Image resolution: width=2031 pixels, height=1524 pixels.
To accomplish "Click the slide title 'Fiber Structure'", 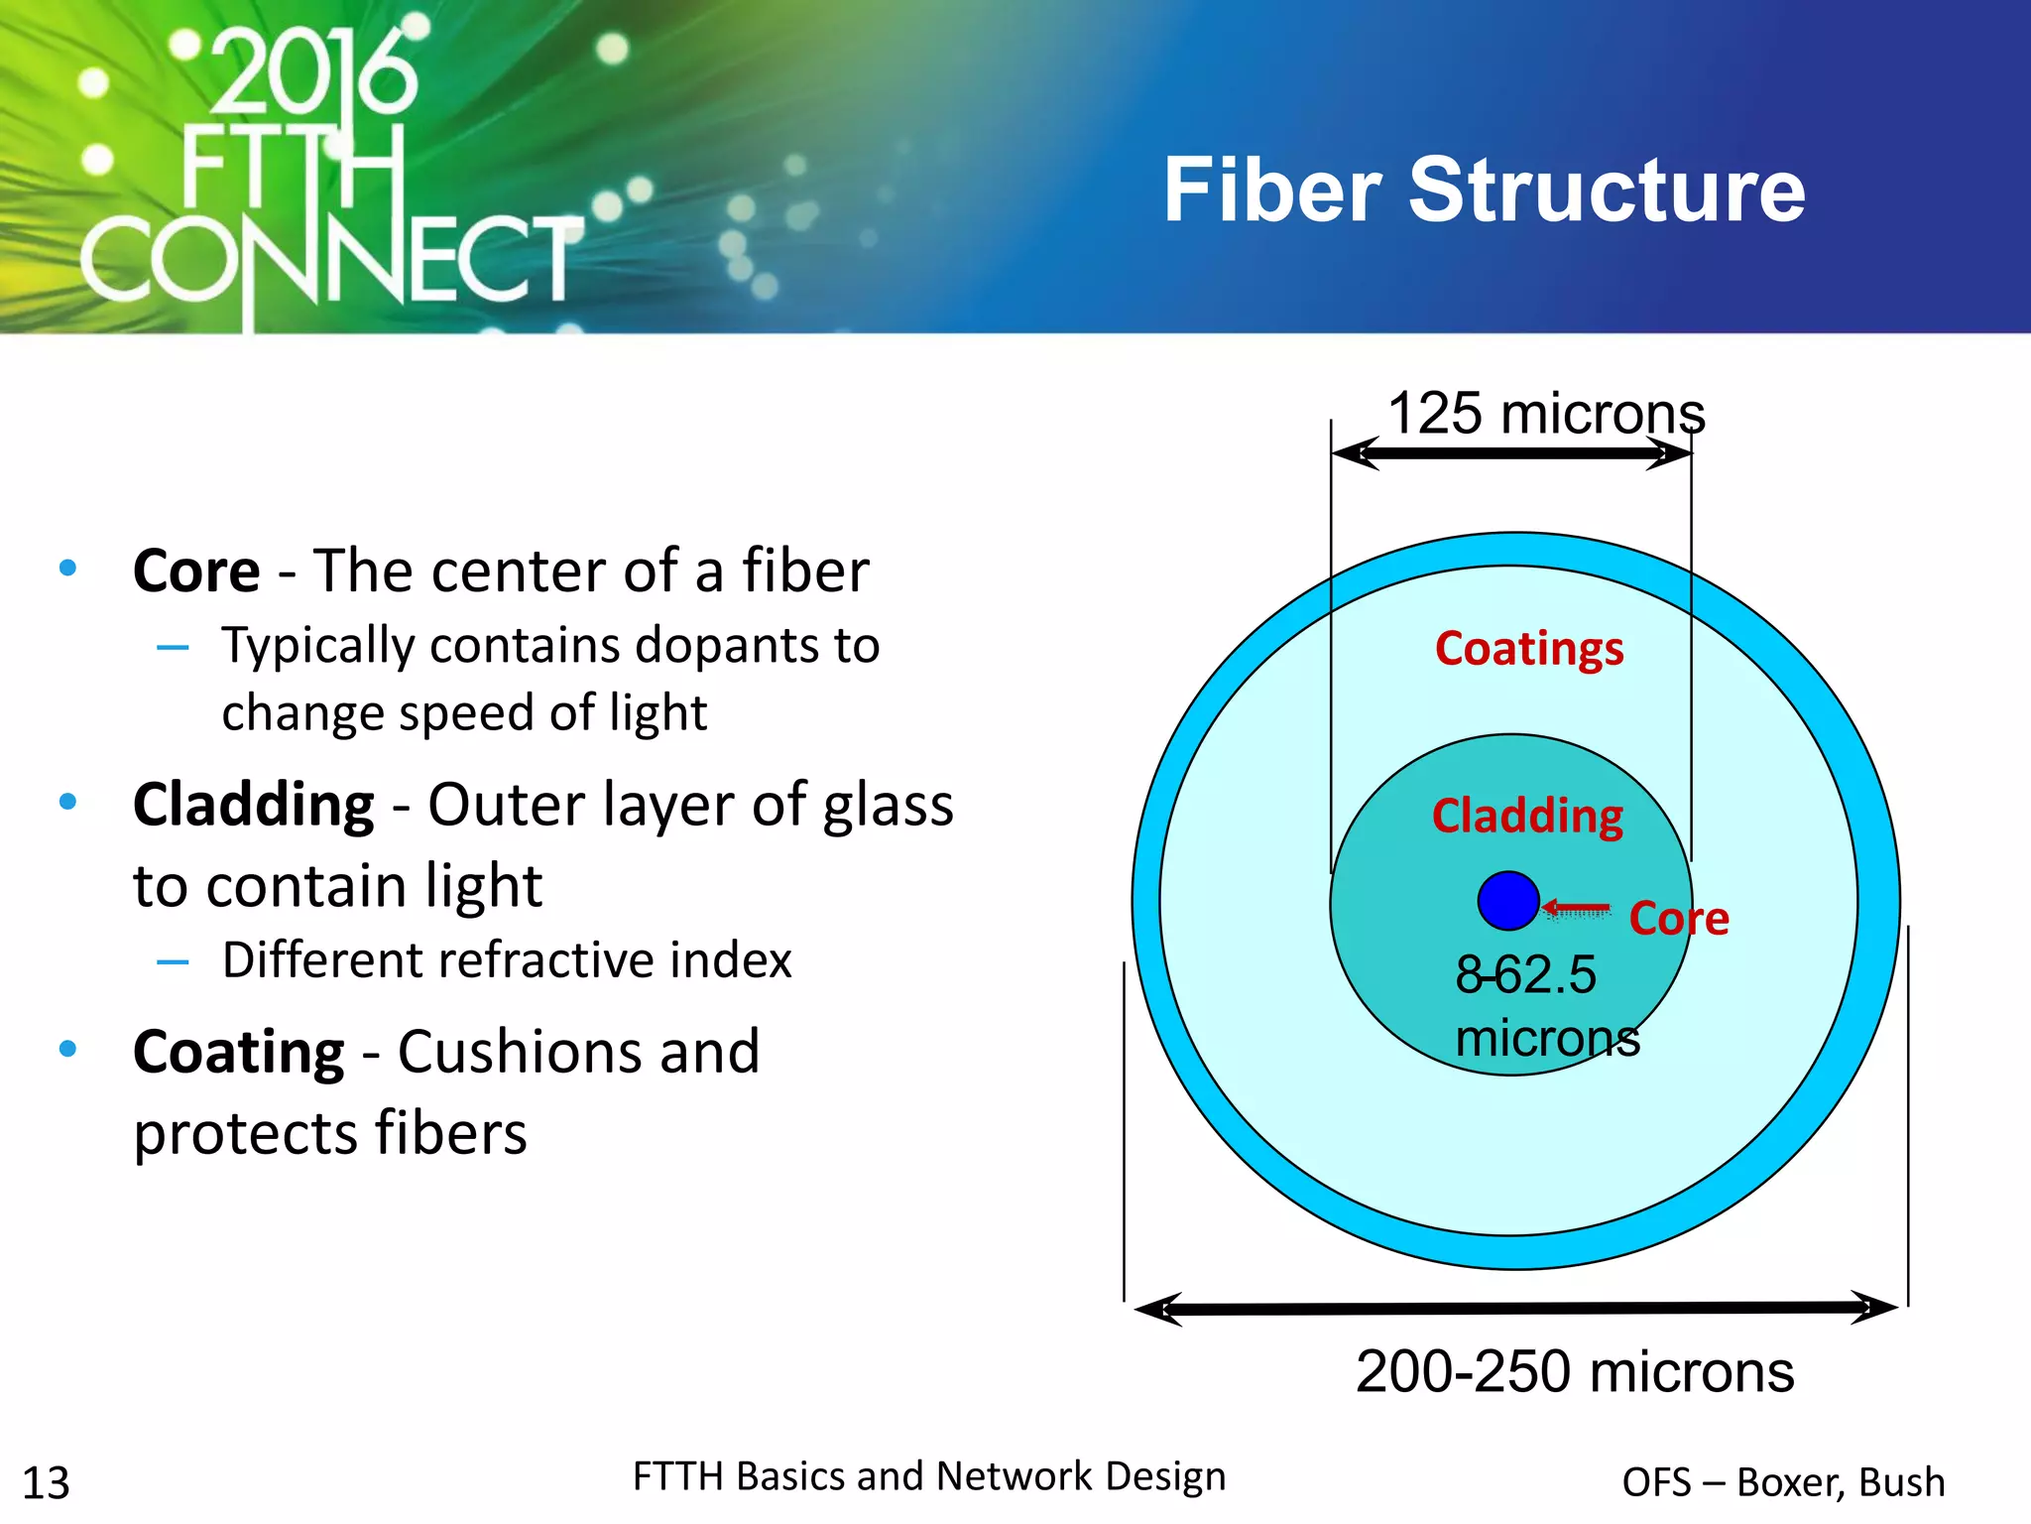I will point(1484,190).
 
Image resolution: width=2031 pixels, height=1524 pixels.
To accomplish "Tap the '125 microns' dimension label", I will point(1545,413).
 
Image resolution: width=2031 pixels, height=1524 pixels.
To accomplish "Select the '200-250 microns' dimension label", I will point(1574,1371).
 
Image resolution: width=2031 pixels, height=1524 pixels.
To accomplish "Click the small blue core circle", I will point(1507,901).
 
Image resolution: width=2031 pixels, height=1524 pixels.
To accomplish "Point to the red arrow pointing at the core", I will point(1577,908).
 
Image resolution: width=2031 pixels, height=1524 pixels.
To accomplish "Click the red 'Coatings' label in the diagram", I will point(1528,649).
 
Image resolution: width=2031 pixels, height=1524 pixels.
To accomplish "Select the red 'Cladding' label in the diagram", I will point(1527,816).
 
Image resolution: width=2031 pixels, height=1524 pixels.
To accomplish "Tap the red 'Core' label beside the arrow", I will point(1678,919).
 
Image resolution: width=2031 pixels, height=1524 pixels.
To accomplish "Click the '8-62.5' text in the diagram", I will point(1525,974).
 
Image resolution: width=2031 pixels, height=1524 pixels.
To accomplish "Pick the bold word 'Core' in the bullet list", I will point(196,571).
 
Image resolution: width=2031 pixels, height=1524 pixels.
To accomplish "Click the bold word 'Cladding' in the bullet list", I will point(254,805).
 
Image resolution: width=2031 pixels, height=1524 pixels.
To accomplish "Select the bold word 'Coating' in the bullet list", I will point(239,1052).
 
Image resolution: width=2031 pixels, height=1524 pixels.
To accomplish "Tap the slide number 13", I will point(46,1483).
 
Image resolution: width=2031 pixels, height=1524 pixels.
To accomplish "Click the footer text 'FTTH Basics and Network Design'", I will point(929,1476).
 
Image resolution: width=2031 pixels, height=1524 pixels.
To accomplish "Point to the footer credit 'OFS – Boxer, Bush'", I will point(1783,1482).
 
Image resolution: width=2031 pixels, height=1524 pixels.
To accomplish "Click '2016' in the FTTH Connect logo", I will point(313,74).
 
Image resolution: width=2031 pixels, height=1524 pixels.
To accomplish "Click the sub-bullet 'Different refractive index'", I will point(506,960).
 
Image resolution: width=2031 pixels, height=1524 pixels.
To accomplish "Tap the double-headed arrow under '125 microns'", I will point(1511,454).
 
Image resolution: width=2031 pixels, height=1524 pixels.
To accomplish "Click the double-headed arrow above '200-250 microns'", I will point(1515,1309).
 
